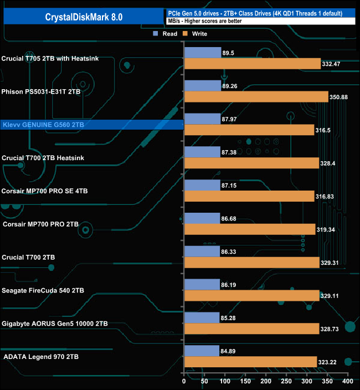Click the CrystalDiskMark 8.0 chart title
84,17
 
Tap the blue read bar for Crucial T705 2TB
202,53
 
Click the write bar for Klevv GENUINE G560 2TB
249,130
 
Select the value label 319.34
327,230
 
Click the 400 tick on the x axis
347,382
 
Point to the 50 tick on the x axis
204,382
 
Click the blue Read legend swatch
156,34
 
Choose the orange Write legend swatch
186,34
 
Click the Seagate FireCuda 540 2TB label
43,290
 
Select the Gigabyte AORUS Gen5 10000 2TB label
55,324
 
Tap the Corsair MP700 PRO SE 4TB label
45,191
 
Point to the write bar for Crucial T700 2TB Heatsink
252,163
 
